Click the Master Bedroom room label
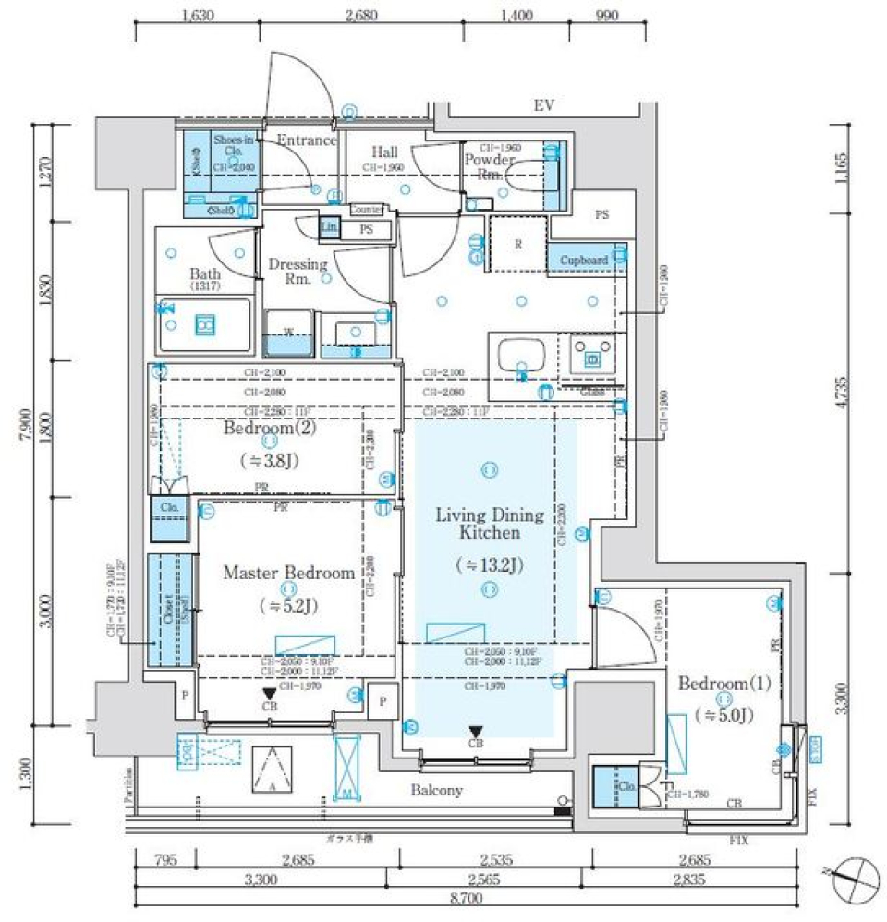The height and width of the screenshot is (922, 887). point(288,573)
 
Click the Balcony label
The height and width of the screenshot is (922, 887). point(438,791)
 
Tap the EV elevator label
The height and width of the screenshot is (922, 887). point(543,106)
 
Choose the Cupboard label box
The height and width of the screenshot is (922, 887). point(585,261)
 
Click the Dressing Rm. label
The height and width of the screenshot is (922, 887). point(298,271)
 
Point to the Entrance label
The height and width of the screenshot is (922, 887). point(307,140)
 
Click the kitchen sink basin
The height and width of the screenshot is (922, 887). point(515,355)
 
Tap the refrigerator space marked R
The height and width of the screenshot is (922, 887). point(517,244)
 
